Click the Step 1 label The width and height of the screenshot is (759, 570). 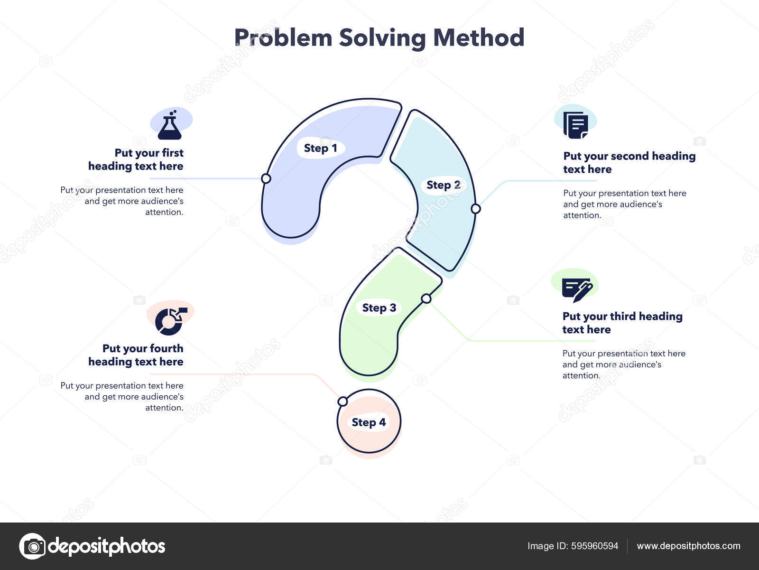pyautogui.click(x=320, y=149)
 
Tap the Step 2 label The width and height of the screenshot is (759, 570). pyautogui.click(x=443, y=185)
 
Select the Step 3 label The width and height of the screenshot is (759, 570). pyautogui.click(x=379, y=308)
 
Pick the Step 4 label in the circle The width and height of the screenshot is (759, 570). pyautogui.click(x=369, y=422)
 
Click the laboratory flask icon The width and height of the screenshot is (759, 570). pyautogui.click(x=169, y=125)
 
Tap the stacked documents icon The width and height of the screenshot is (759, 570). pyautogui.click(x=575, y=125)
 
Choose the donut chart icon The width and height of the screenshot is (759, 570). pyautogui.click(x=171, y=321)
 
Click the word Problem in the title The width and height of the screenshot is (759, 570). pyautogui.click(x=283, y=37)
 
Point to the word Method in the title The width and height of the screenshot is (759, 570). pyautogui.click(x=479, y=37)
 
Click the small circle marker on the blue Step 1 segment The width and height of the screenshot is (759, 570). pyautogui.click(x=266, y=178)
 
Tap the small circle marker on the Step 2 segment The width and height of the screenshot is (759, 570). pyautogui.click(x=476, y=208)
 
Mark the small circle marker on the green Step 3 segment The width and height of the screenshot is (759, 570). pyautogui.click(x=426, y=299)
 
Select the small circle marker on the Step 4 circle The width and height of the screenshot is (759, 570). pyautogui.click(x=342, y=401)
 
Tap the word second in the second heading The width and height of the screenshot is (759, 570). pyautogui.click(x=629, y=156)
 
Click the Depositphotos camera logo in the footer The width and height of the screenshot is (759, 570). pyautogui.click(x=33, y=546)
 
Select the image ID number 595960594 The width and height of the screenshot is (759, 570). pyautogui.click(x=595, y=546)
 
